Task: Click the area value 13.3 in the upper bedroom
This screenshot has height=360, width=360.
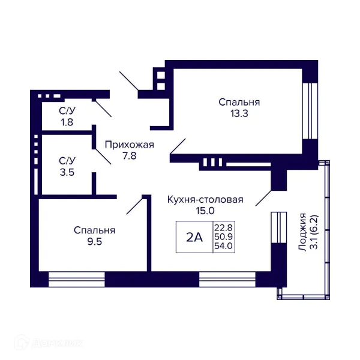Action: click(239, 113)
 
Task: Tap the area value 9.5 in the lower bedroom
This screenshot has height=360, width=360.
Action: click(95, 242)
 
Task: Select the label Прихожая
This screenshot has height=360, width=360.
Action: click(130, 145)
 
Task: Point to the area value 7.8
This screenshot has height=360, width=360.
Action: click(130, 156)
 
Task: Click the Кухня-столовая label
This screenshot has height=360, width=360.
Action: click(205, 200)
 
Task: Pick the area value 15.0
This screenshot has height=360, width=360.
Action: click(205, 211)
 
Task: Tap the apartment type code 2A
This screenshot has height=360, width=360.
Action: click(194, 237)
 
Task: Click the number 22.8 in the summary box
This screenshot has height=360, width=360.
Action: click(223, 228)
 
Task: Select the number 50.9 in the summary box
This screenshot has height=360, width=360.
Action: click(223, 236)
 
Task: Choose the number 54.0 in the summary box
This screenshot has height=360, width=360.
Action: click(223, 245)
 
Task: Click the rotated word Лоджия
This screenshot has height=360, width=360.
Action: click(302, 232)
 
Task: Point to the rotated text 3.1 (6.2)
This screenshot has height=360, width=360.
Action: click(314, 232)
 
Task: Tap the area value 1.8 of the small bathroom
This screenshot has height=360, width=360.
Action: click(67, 122)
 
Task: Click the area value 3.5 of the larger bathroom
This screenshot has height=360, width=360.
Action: click(67, 172)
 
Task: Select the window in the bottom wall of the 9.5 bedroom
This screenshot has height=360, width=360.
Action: click(77, 280)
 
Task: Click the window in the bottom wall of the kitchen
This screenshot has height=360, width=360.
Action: click(227, 280)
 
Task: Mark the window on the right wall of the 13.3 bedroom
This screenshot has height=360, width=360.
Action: click(310, 110)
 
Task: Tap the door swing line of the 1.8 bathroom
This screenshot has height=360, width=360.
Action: click(103, 109)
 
